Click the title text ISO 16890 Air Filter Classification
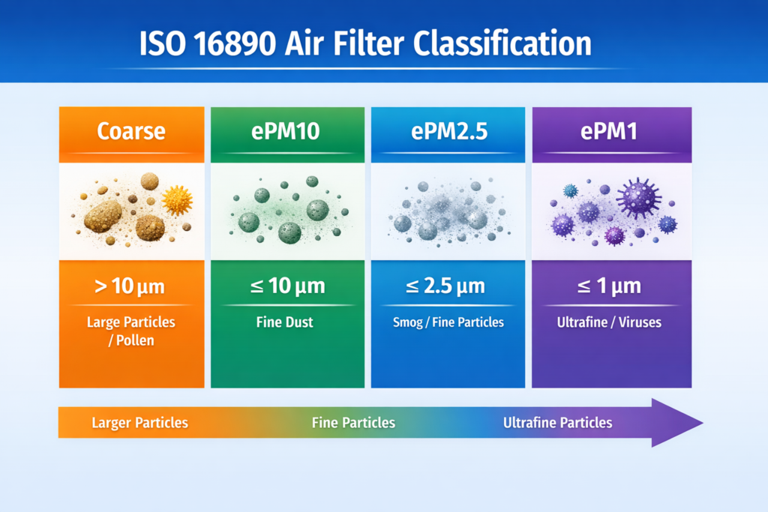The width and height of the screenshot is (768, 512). click(x=365, y=43)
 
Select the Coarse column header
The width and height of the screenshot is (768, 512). click(x=131, y=132)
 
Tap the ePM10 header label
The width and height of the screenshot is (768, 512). click(x=288, y=132)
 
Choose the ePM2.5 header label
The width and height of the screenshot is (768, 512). click(x=449, y=132)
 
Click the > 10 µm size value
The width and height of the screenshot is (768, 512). click(x=131, y=286)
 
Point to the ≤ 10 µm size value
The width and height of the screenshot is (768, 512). click(x=288, y=286)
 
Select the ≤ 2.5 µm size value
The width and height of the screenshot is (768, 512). click(x=449, y=286)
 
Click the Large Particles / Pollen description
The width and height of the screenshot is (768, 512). click(x=131, y=331)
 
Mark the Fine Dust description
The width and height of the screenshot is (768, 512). click(x=288, y=322)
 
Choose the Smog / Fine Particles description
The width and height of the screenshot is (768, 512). click(x=449, y=322)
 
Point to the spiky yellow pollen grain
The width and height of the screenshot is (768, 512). click(x=177, y=200)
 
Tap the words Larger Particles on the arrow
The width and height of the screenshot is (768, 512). click(x=139, y=423)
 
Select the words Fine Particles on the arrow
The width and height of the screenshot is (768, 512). click(x=353, y=423)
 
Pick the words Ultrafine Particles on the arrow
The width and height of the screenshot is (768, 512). click(x=557, y=423)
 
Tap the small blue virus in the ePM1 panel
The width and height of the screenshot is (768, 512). click(x=571, y=190)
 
